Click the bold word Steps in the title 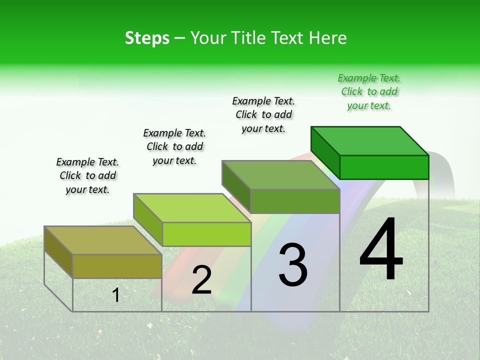pyautogui.click(x=147, y=38)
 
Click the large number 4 pyautogui.click(x=381, y=250)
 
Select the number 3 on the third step pyautogui.click(x=293, y=265)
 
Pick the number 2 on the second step pyautogui.click(x=201, y=280)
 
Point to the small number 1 pyautogui.click(x=116, y=295)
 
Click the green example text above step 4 pyautogui.click(x=369, y=92)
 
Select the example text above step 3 pyautogui.click(x=263, y=114)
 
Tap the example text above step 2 pyautogui.click(x=174, y=146)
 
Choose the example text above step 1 pyautogui.click(x=87, y=175)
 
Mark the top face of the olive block pyautogui.click(x=102, y=240)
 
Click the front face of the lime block pyautogui.click(x=206, y=234)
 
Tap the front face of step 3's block pyautogui.click(x=295, y=201)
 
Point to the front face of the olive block pyautogui.click(x=117, y=266)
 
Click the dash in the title pyautogui.click(x=180, y=38)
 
